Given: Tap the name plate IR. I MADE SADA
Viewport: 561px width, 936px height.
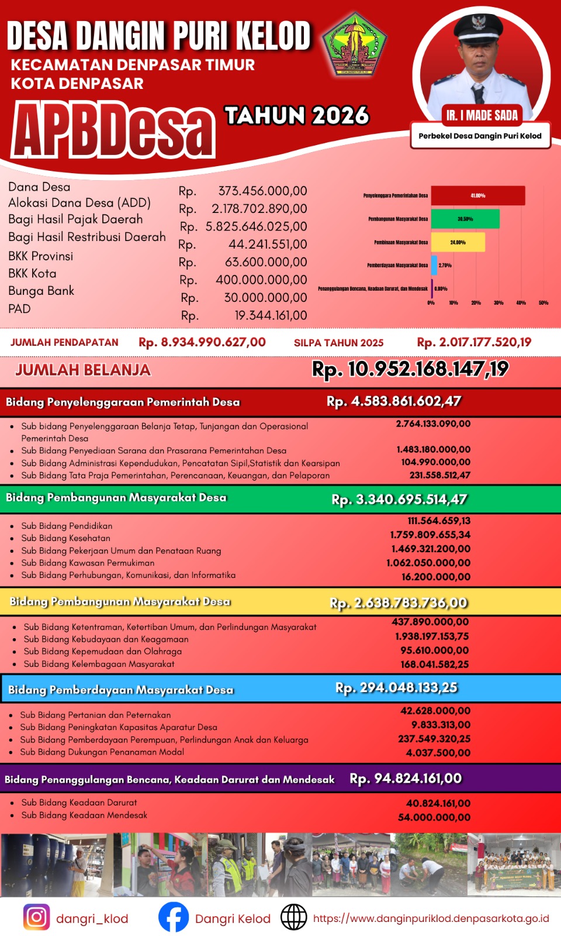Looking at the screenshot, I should tap(482, 115).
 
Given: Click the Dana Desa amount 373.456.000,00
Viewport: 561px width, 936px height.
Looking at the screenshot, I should tap(262, 191).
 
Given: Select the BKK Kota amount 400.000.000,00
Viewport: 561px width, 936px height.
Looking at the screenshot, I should tap(261, 280).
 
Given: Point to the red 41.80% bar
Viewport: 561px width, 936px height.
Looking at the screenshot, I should tap(478, 195).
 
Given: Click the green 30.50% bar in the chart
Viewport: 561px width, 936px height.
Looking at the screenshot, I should tap(465, 219).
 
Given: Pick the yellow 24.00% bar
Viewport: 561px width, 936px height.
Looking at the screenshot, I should tap(458, 242).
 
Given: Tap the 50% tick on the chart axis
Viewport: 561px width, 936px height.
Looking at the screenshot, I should tap(543, 302).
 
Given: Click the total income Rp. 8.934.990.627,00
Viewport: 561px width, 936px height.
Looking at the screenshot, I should tap(202, 342).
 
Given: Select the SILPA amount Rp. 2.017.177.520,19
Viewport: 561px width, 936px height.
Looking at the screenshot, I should tap(474, 342).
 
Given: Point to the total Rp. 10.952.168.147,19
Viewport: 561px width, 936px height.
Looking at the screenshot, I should tap(410, 369).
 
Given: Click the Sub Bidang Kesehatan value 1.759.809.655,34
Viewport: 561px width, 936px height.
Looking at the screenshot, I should tap(430, 535).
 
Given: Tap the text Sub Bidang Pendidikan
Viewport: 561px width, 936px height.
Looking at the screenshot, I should tap(67, 526).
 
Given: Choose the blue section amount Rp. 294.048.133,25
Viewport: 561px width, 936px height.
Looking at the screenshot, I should tap(396, 687).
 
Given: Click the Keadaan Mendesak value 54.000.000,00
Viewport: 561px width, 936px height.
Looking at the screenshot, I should tap(434, 817).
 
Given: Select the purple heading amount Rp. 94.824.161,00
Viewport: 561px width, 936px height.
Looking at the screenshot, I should tap(406, 779).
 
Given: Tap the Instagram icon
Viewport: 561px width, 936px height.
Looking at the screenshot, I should tap(36, 917).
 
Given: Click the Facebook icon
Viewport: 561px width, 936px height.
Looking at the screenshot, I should tap(174, 917).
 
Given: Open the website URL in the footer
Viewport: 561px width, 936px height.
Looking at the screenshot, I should tap(431, 918).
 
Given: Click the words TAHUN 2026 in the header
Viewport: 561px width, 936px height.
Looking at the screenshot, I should tap(297, 115).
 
